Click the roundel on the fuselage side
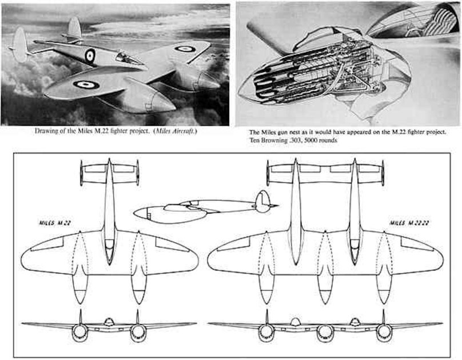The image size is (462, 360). [90, 55]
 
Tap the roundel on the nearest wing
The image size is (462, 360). [86, 85]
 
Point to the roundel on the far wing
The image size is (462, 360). [184, 49]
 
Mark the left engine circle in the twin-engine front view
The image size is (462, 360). [80, 331]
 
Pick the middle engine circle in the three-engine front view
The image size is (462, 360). [325, 331]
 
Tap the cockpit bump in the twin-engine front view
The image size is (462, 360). [109, 322]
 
